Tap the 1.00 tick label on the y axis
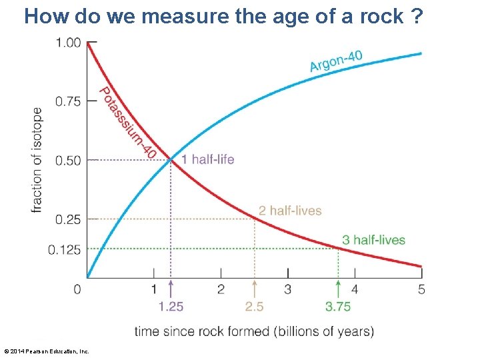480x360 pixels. (x=67, y=43)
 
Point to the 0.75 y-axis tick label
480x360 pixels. (x=67, y=101)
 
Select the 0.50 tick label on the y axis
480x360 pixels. (x=67, y=160)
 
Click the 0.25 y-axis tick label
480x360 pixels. (x=67, y=219)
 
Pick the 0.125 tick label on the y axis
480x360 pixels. (x=65, y=249)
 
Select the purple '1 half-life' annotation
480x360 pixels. (x=207, y=160)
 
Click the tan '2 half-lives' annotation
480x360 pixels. (x=290, y=211)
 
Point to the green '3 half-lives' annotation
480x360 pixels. (x=373, y=240)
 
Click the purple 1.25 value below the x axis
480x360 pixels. (x=171, y=307)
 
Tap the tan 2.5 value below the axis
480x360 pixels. (x=255, y=307)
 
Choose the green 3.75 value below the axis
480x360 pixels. (x=338, y=307)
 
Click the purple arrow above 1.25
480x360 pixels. (x=171, y=288)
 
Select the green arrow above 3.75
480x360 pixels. (x=338, y=288)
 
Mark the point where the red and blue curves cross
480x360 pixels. (x=171, y=160)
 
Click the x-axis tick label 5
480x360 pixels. (x=421, y=289)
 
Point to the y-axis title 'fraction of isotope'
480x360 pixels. (x=37, y=160)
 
